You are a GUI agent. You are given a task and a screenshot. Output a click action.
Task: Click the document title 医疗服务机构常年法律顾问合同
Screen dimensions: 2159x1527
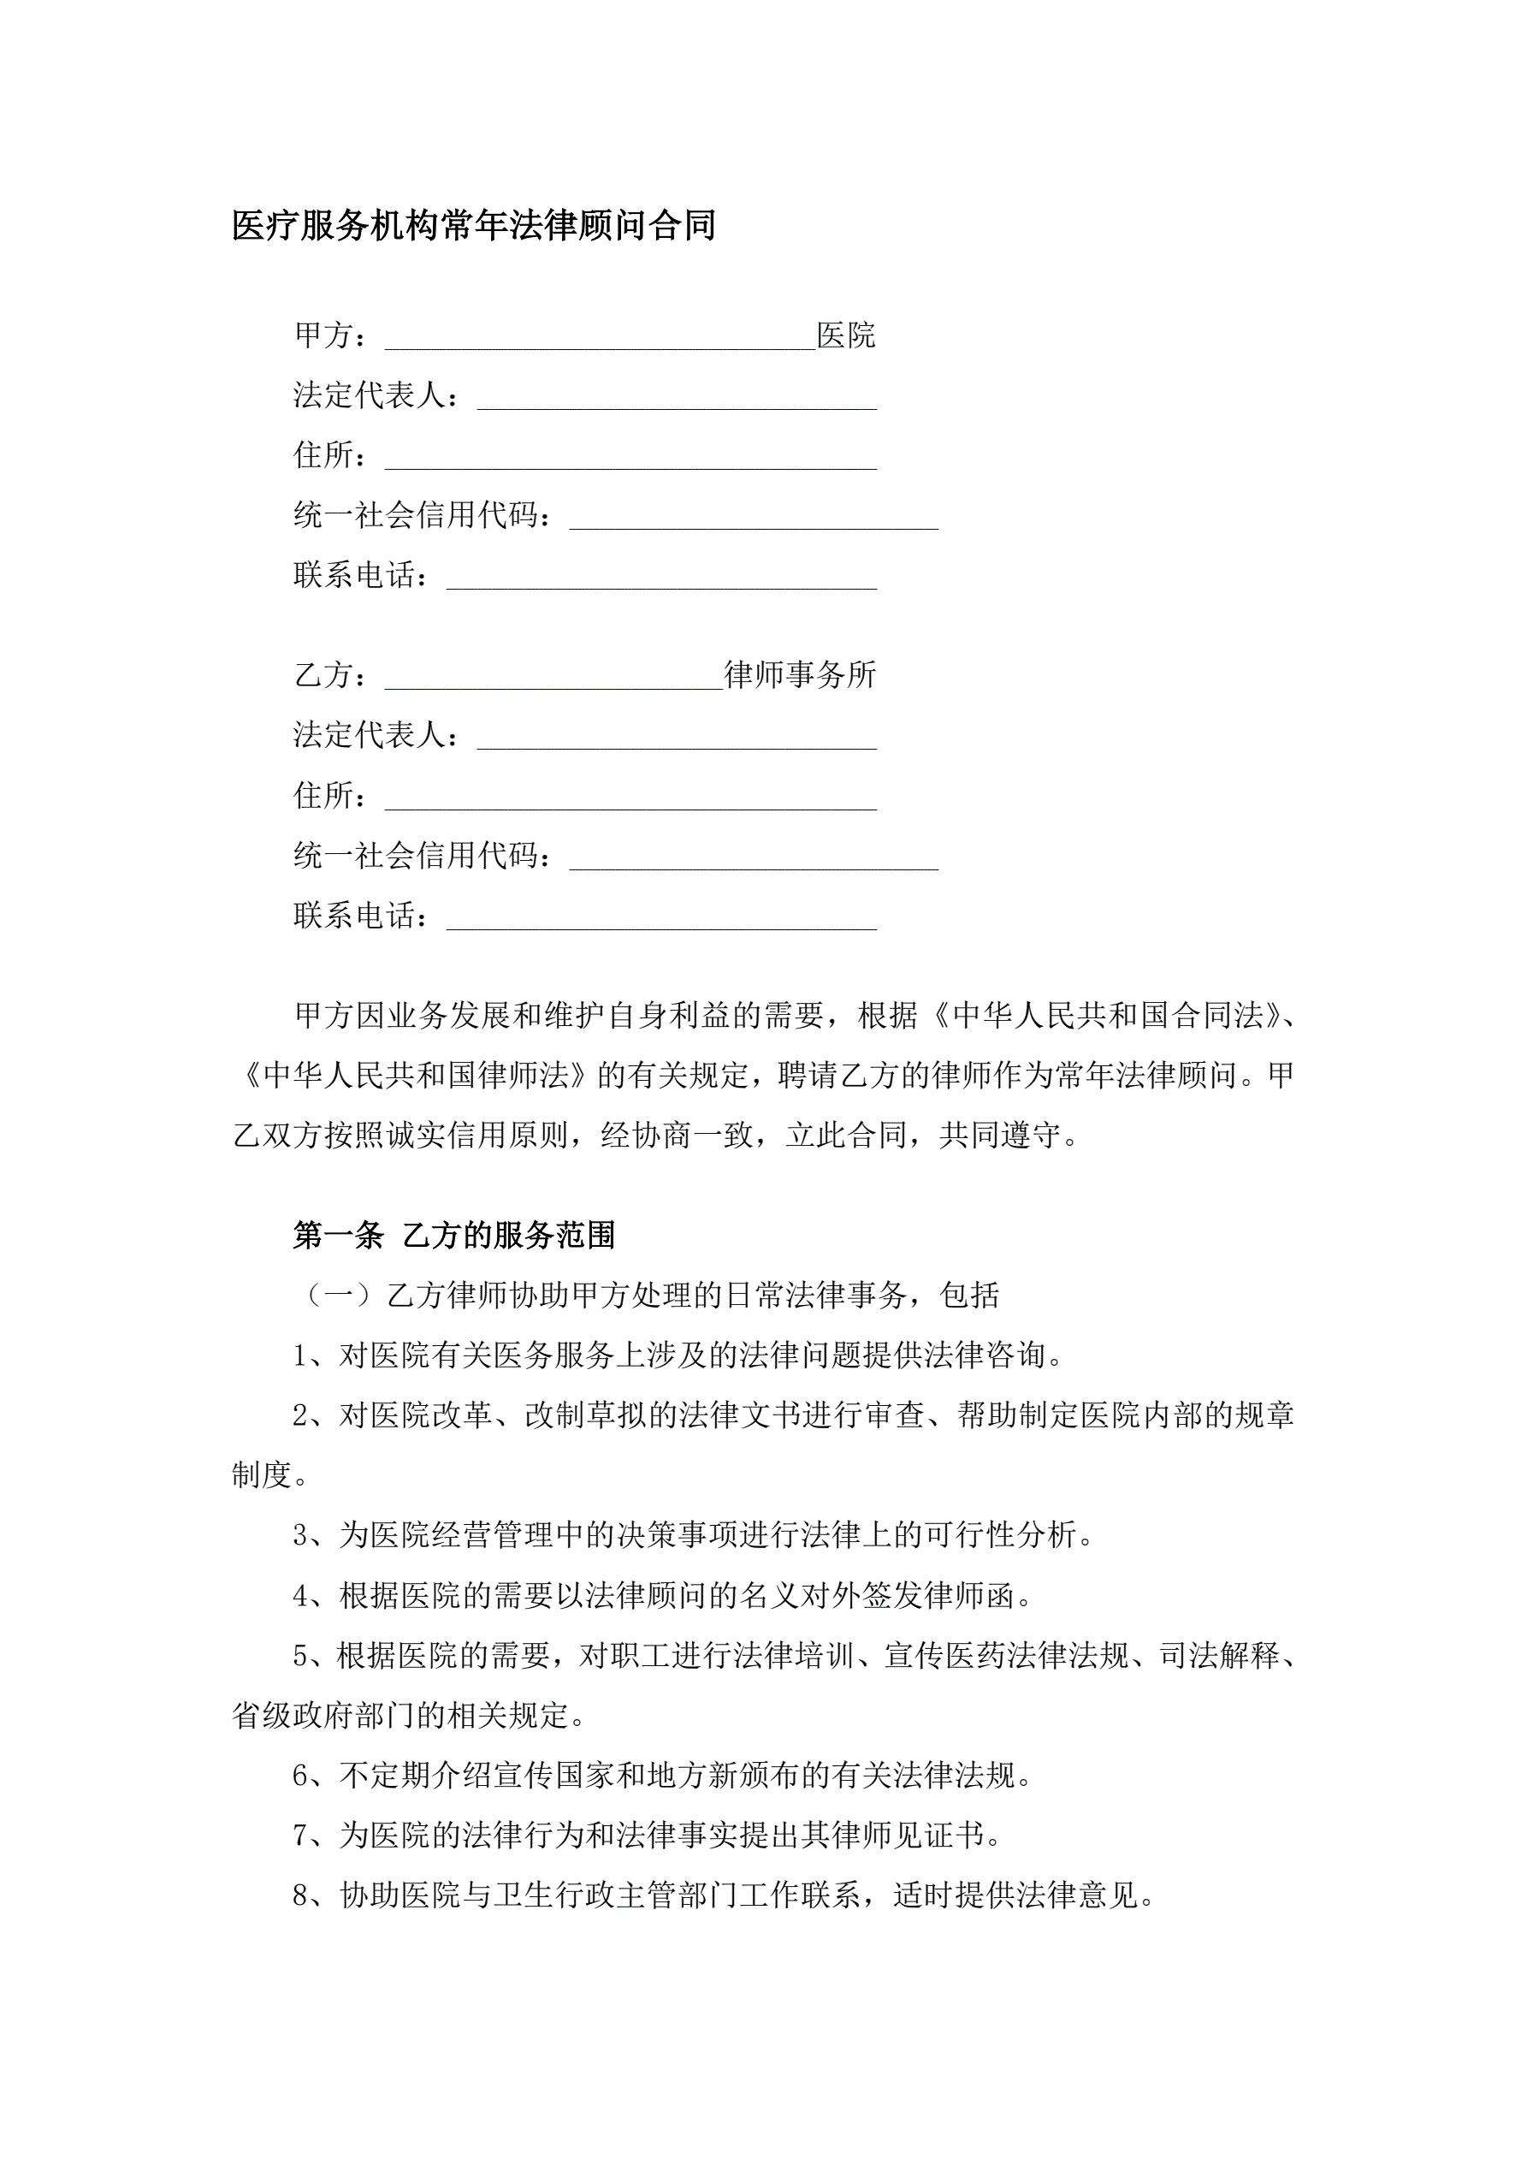(474, 226)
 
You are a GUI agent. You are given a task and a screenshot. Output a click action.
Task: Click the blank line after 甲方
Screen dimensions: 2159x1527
(600, 339)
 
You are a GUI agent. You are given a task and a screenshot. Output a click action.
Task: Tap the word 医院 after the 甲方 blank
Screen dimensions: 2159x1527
(846, 335)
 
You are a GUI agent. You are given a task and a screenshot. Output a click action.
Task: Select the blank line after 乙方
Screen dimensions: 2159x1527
(553, 678)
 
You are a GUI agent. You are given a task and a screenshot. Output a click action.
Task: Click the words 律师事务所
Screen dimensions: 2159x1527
(800, 675)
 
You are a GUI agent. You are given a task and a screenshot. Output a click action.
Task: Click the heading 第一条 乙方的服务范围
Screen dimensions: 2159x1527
(454, 1235)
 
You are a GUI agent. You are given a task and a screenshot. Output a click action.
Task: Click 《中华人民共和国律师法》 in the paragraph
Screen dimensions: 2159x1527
(415, 1076)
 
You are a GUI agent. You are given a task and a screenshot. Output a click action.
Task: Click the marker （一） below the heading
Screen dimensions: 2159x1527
(339, 1296)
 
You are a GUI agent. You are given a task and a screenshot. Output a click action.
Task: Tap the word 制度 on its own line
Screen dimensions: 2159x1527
(262, 1475)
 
